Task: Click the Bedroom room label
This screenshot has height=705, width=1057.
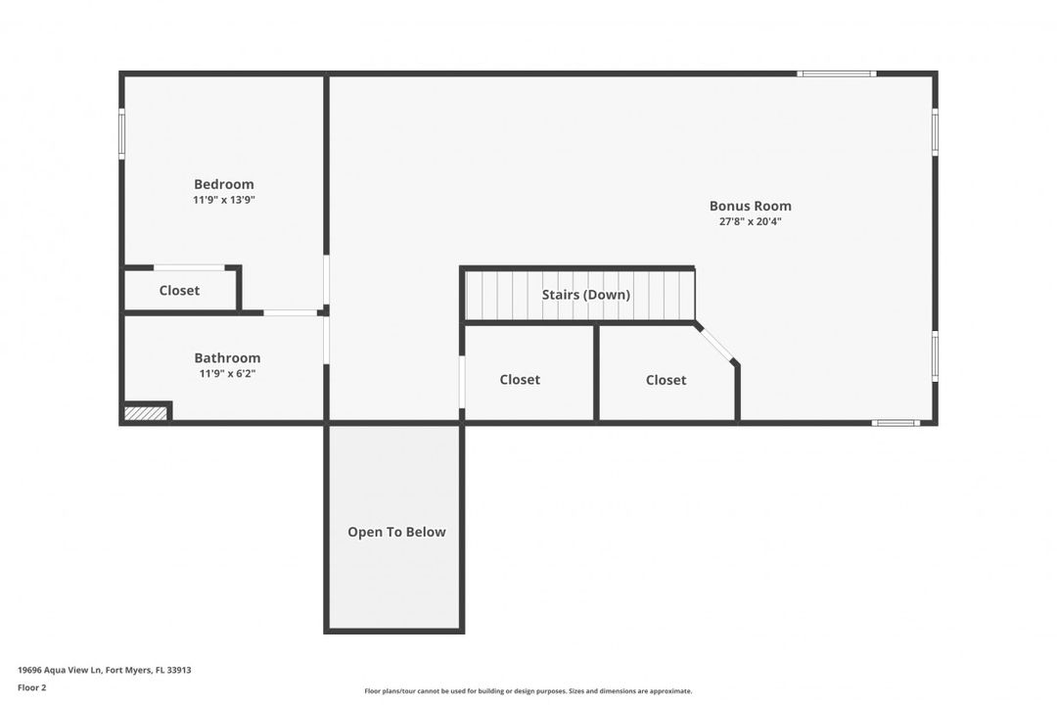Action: coord(223,184)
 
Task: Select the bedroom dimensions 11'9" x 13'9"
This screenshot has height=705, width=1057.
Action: coord(223,200)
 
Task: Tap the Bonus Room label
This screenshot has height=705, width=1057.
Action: coord(750,206)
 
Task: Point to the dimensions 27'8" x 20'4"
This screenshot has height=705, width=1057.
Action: coord(750,221)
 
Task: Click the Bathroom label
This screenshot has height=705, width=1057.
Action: coord(227,358)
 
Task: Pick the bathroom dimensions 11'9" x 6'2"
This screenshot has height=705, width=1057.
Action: coord(227,374)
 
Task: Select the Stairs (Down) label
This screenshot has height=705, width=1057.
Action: coord(586,295)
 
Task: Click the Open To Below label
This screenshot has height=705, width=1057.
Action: coord(396,532)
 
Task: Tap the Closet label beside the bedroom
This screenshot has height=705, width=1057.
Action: coord(179,291)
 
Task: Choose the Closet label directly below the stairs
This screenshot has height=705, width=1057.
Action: coord(520,380)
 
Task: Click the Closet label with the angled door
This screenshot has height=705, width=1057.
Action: coord(666,380)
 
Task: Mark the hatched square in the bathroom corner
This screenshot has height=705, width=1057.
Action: coord(146,413)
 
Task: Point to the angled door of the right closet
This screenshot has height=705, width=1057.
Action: coord(716,344)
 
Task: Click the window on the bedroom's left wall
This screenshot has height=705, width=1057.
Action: coord(122,133)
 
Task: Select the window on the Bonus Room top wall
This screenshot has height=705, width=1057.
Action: coord(836,73)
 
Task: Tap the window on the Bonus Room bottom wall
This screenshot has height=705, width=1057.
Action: coord(896,423)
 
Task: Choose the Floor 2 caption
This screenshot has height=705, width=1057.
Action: coord(31,687)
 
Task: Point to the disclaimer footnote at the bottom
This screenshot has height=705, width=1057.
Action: coord(528,691)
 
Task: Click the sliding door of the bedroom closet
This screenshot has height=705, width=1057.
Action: coord(189,267)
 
